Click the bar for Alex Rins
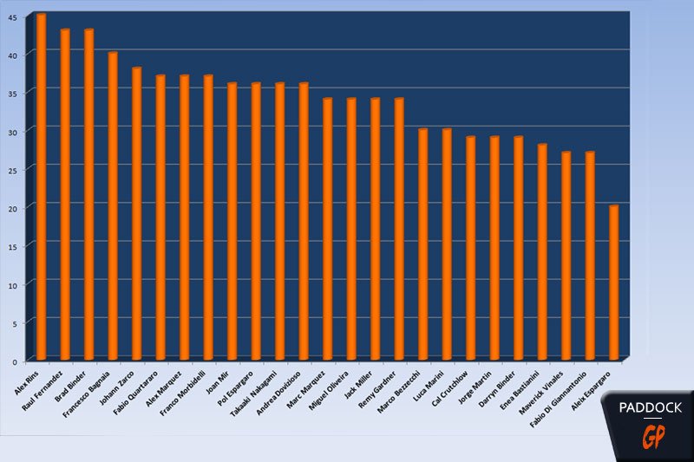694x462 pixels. coord(41,186)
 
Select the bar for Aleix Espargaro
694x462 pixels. coord(612,282)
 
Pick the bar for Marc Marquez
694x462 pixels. coord(327,229)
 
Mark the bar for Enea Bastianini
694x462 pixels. coord(542,251)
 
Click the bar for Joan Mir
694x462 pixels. coord(232,221)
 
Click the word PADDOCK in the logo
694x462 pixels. coord(650,407)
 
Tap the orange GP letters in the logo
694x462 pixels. coord(650,439)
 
